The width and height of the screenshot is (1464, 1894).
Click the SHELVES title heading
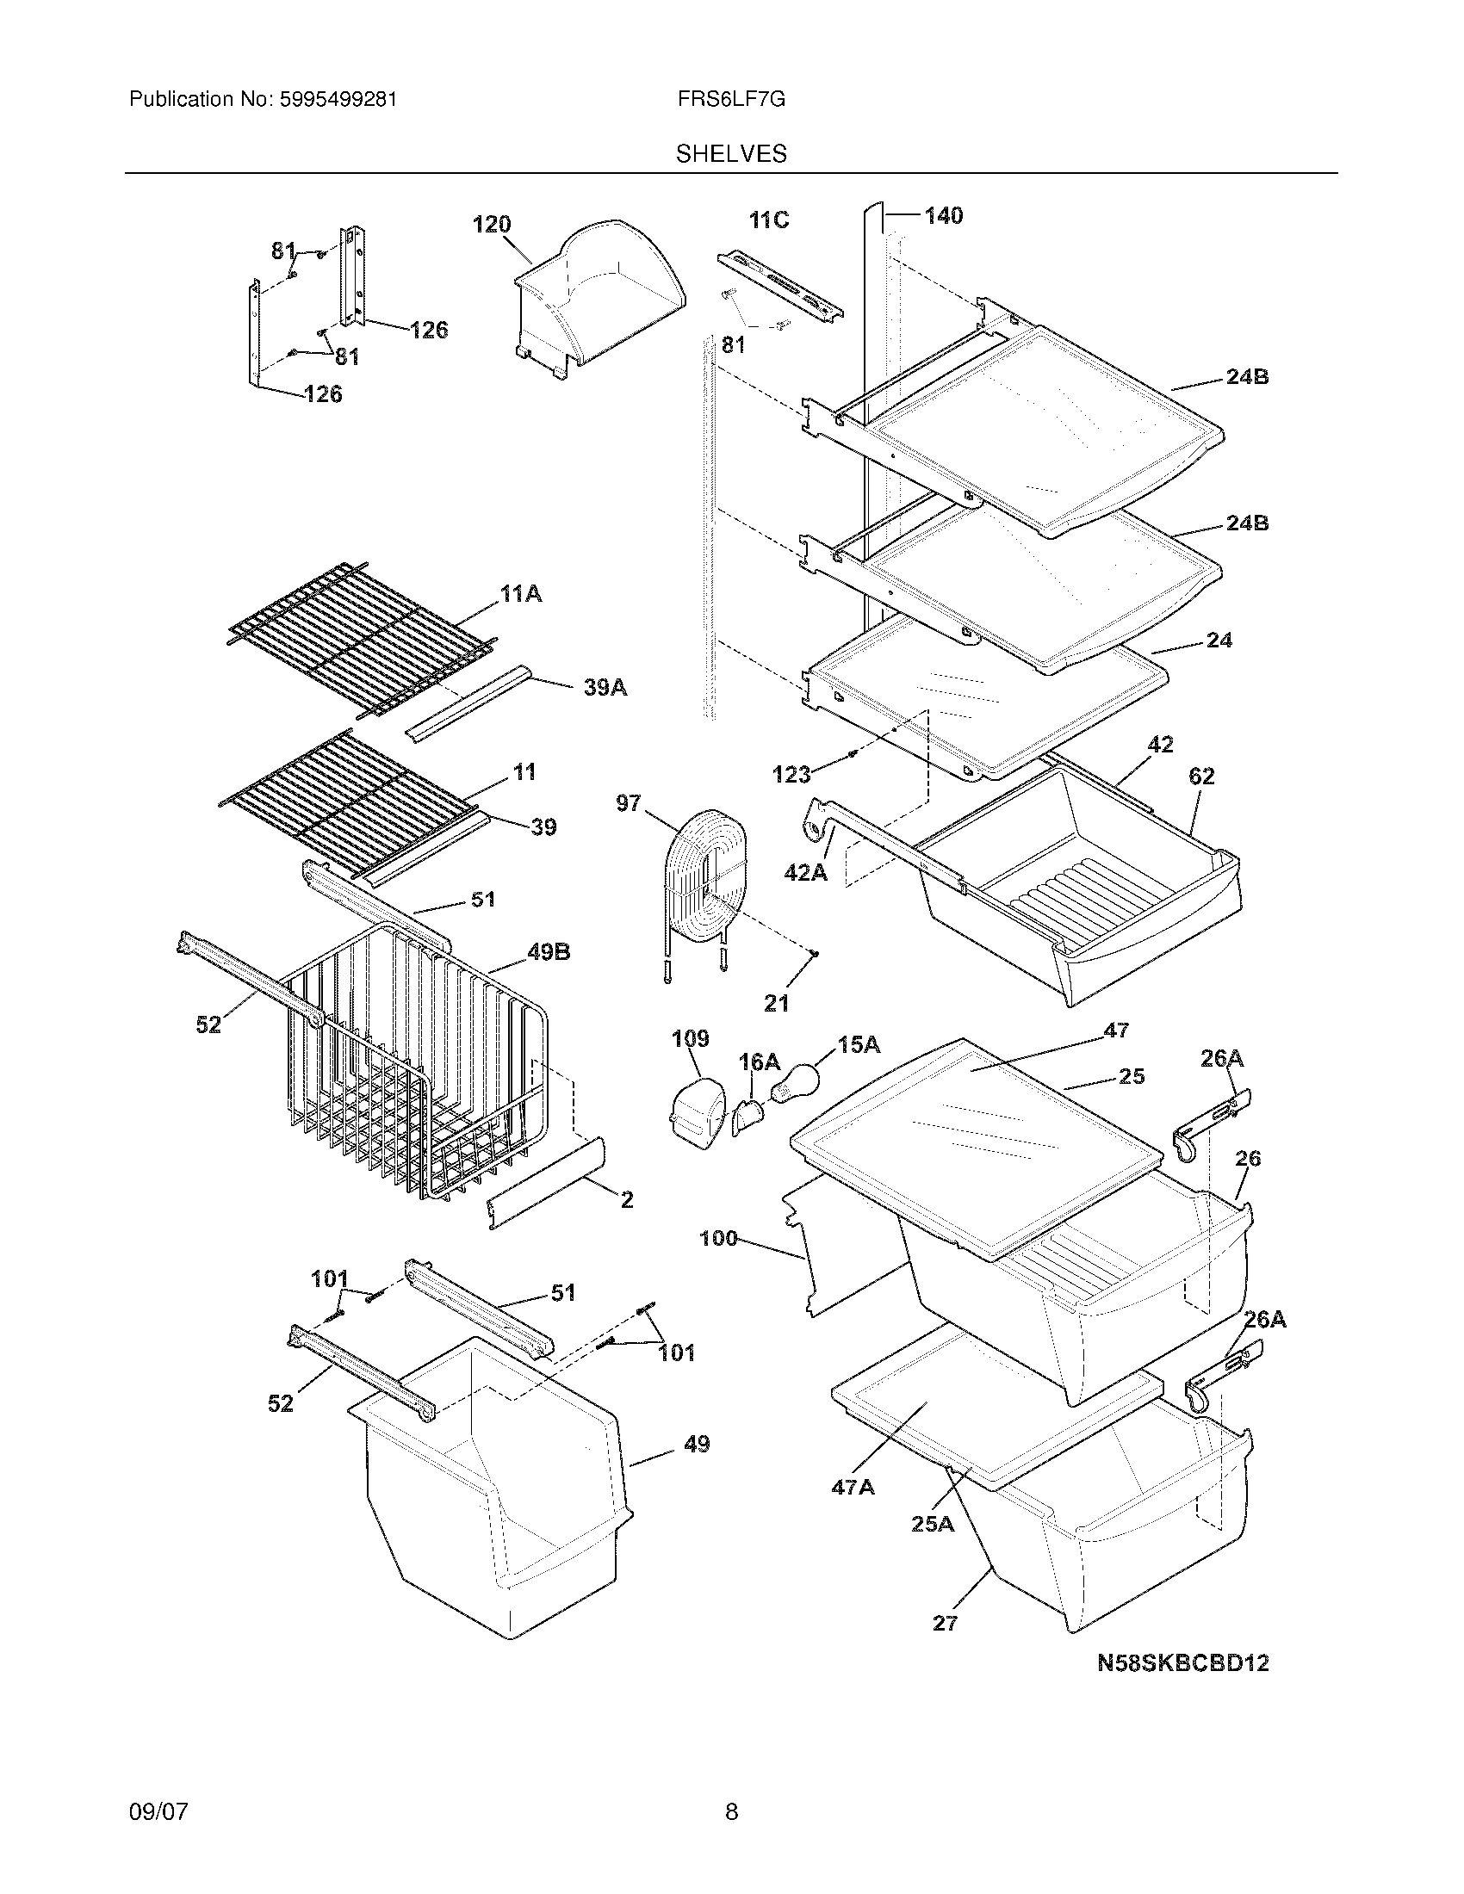click(x=730, y=153)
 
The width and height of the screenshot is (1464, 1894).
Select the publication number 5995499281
click(x=338, y=99)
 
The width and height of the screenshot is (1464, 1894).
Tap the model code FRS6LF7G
click(x=731, y=99)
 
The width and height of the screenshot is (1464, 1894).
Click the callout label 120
click(x=491, y=225)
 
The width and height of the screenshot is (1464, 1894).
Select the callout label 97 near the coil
click(x=629, y=803)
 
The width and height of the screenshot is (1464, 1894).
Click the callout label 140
click(x=943, y=215)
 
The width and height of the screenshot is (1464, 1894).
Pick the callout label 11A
click(x=520, y=594)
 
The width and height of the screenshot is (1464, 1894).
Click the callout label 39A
click(x=605, y=688)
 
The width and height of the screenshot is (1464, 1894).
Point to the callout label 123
click(x=791, y=775)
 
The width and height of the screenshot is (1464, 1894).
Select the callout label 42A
click(x=805, y=872)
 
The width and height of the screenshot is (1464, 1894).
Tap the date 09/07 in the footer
click(x=158, y=1811)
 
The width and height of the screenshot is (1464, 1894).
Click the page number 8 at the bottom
click(x=731, y=1811)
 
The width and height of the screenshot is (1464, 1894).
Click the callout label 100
click(x=718, y=1238)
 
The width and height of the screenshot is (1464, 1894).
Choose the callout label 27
click(x=945, y=1623)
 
